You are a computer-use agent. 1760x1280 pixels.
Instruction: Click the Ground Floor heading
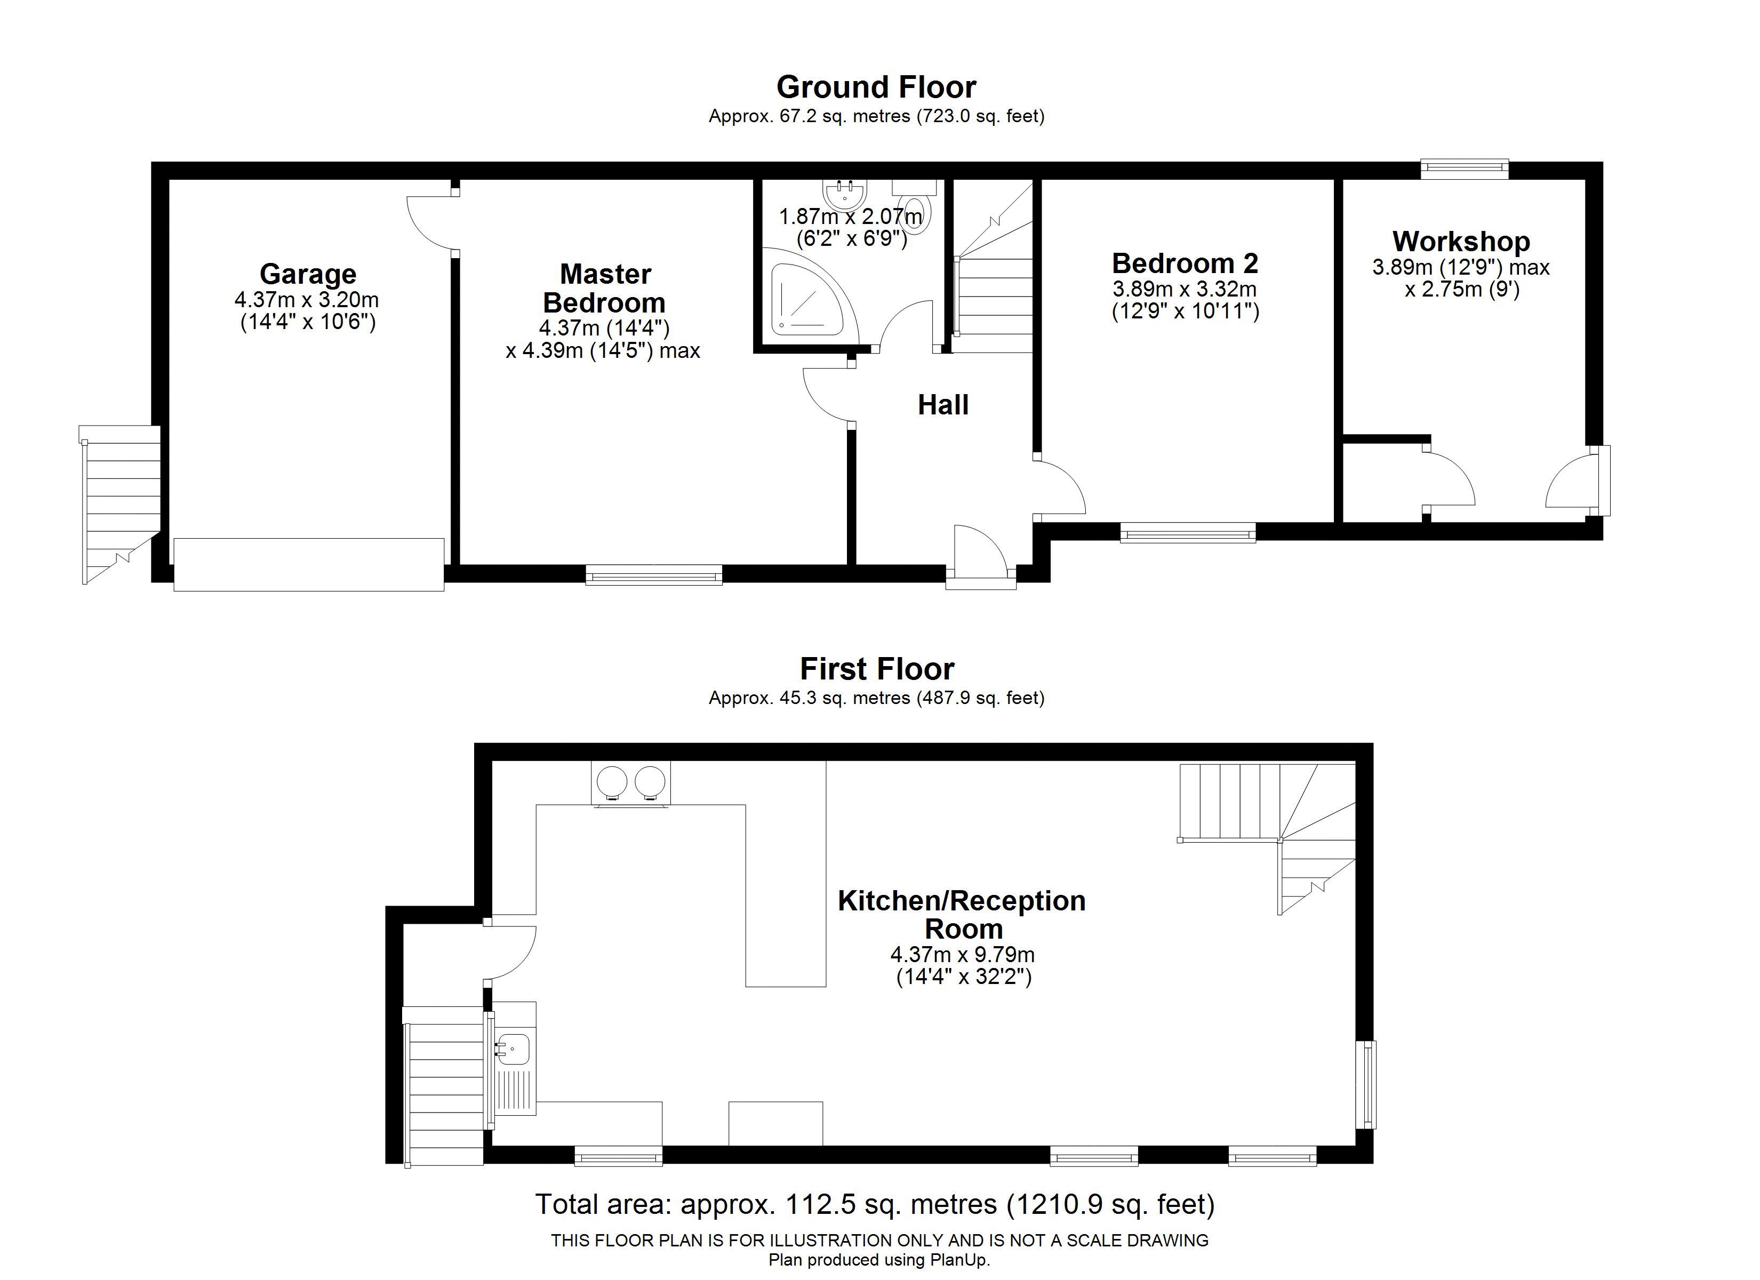coord(876,87)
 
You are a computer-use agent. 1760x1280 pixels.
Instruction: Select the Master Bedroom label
coord(604,288)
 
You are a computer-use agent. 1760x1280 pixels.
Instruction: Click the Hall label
coord(943,404)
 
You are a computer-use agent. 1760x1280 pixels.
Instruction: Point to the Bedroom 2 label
coord(1184,263)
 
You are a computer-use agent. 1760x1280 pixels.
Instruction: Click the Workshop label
coord(1460,242)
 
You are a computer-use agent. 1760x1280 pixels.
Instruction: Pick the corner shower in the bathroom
coord(803,295)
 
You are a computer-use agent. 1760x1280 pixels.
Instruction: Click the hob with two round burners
coord(630,782)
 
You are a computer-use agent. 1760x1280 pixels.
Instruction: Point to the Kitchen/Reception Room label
coord(962,914)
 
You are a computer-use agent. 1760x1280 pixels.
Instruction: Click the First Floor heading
coord(876,668)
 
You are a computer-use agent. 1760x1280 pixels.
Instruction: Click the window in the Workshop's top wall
coord(1465,169)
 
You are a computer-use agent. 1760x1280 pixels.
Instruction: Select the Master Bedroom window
coord(653,575)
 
